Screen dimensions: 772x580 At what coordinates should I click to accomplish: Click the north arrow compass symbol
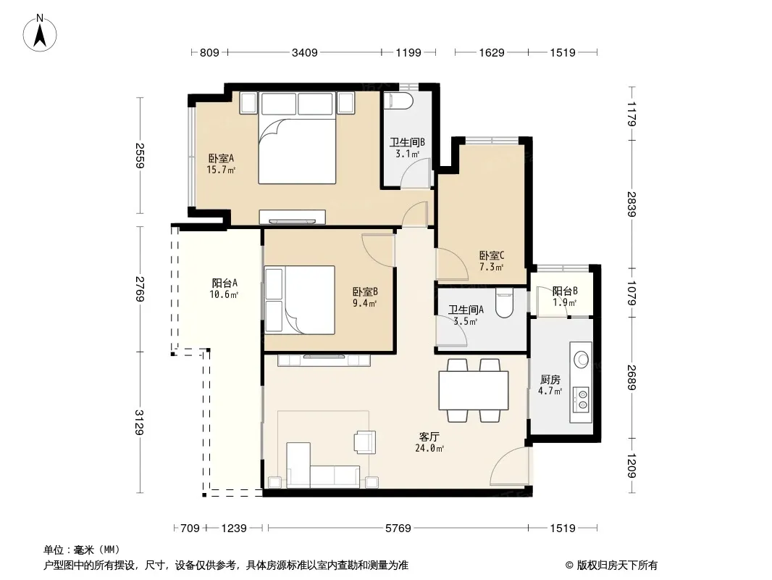click(40, 33)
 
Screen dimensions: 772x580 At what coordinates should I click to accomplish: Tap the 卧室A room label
click(221, 158)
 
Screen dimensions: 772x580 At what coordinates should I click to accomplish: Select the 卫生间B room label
click(407, 142)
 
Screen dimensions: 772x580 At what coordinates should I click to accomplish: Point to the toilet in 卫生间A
click(504, 302)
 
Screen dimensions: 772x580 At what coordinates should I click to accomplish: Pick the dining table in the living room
click(474, 390)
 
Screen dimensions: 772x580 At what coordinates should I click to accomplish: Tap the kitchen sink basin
click(582, 359)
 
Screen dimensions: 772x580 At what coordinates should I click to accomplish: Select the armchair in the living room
click(365, 442)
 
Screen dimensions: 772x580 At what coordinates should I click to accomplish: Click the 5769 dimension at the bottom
click(398, 529)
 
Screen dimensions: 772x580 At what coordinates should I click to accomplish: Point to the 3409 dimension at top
click(304, 52)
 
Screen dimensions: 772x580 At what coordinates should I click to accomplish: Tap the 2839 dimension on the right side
click(632, 204)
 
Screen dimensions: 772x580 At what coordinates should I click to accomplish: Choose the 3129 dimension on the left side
click(140, 422)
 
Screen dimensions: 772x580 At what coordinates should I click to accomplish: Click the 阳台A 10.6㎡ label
click(225, 289)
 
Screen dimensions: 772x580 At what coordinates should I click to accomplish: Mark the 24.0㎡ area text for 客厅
click(429, 449)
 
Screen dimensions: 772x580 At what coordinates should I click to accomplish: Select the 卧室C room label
click(492, 255)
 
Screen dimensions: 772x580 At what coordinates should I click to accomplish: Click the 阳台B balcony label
click(565, 291)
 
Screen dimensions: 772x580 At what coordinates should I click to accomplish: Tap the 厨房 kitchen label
click(550, 379)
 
